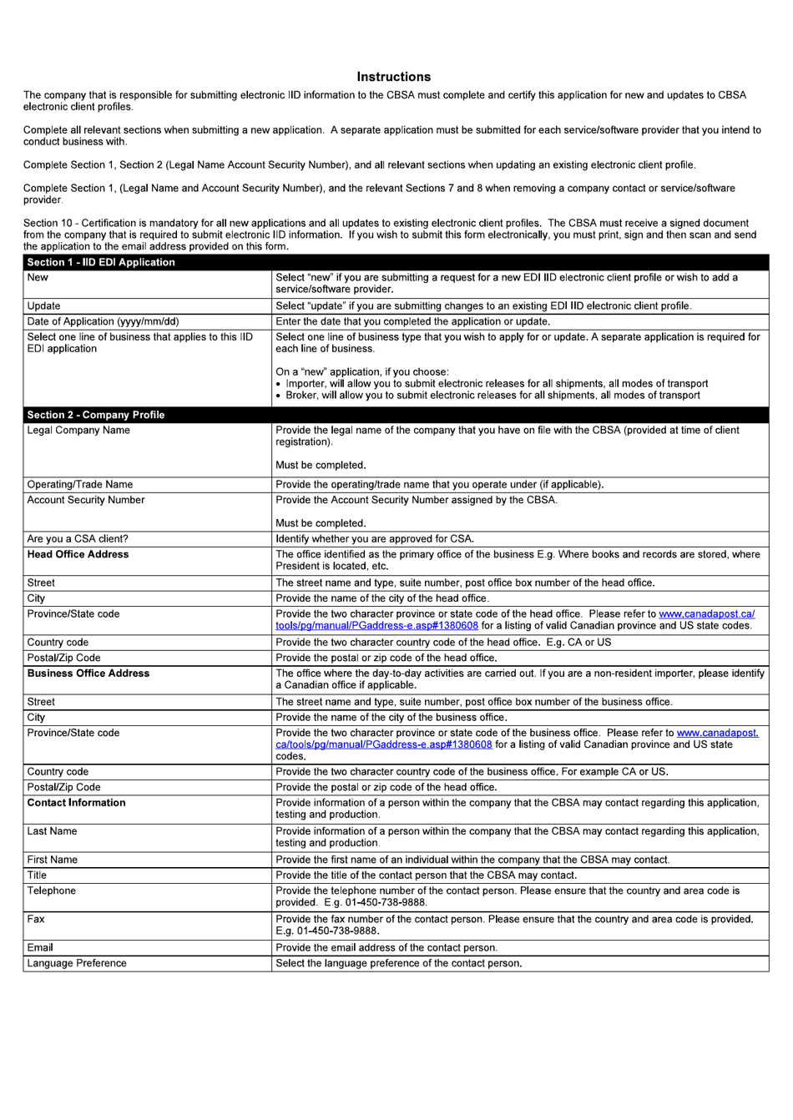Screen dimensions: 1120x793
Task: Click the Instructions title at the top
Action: pos(393,77)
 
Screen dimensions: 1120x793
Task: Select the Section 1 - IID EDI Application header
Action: pos(101,262)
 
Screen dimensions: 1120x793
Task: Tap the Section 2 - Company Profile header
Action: pos(96,415)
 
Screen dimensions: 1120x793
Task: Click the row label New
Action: pos(38,278)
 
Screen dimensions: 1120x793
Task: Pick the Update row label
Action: pos(43,306)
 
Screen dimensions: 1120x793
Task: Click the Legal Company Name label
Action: pos(78,431)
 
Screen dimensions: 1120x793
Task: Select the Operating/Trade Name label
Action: pos(80,485)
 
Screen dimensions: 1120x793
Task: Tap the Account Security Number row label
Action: pos(86,500)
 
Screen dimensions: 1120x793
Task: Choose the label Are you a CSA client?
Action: pos(78,539)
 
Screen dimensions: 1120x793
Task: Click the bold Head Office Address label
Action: pos(78,554)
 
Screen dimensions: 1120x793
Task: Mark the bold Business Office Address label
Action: pos(88,674)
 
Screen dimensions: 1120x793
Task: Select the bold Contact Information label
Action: pos(76,803)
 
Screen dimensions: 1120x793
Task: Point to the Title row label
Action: pos(37,875)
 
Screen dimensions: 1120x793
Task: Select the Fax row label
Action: pos(36,920)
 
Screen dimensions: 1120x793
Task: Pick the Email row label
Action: pos(40,948)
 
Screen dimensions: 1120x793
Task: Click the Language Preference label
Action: pos(77,963)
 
